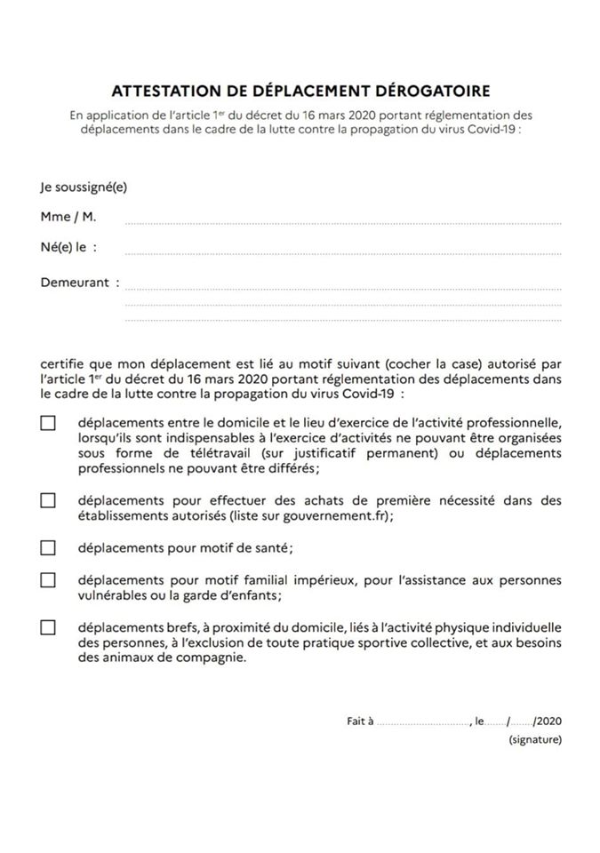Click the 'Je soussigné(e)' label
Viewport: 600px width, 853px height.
point(76,187)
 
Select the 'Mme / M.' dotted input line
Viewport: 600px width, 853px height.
point(343,219)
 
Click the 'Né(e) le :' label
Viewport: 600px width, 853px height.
point(69,247)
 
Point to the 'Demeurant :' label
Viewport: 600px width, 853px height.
point(80,283)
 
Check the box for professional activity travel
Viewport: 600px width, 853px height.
point(48,424)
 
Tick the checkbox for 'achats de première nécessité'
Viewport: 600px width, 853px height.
point(48,500)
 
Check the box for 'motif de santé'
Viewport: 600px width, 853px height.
point(48,547)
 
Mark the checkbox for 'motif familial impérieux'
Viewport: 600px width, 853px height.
point(48,580)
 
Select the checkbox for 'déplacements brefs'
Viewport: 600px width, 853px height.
point(48,627)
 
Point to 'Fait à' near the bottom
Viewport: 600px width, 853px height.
point(360,721)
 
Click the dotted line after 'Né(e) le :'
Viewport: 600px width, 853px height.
point(343,252)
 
